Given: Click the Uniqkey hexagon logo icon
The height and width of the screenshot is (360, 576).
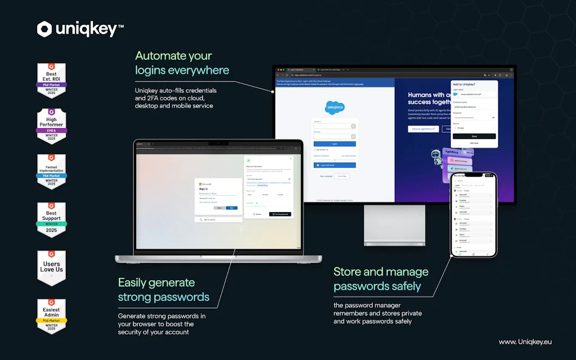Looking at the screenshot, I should (44, 29).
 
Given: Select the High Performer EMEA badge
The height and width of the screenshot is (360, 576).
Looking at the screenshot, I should (51, 125).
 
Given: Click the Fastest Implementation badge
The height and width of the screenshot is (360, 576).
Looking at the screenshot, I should (51, 172).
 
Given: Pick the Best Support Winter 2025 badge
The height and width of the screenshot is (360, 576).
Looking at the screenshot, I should (51, 220).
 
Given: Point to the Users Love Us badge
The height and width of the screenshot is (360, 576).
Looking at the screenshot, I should (51, 266).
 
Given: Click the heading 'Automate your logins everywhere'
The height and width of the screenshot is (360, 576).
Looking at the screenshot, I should (182, 63).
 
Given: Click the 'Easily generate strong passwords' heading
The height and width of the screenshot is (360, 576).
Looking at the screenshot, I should (163, 290).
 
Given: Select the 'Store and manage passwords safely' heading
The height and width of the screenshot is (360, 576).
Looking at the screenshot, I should (381, 279).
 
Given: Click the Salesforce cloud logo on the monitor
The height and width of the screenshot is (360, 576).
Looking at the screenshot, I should (335, 107).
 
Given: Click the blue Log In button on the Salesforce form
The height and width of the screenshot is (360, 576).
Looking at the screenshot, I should (335, 144).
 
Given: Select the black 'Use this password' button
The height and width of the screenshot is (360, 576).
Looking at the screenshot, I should (280, 214).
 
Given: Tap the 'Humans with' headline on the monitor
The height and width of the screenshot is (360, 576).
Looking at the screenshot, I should (427, 95).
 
